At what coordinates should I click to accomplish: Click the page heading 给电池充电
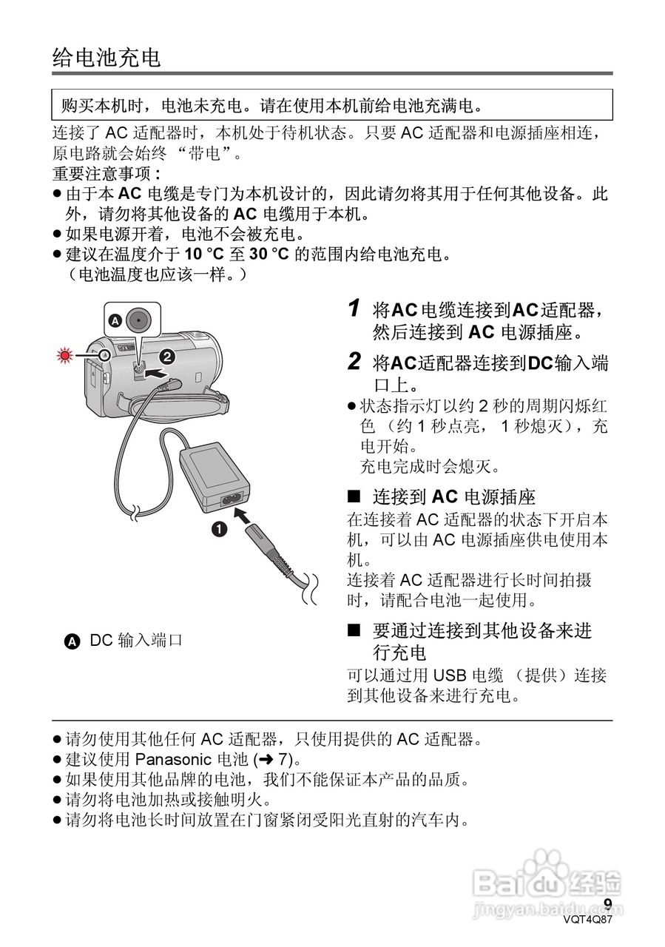(107, 58)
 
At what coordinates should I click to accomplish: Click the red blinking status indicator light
(67, 356)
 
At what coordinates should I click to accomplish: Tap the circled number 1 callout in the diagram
(219, 529)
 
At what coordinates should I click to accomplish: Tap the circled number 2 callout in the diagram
(167, 357)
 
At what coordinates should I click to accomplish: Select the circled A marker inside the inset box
(115, 321)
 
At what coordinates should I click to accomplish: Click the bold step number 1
(354, 308)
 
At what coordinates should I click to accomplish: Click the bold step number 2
(354, 362)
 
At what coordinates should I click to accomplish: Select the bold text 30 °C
(268, 255)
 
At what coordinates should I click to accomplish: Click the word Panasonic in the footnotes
(172, 759)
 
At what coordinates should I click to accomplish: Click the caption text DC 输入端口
(136, 641)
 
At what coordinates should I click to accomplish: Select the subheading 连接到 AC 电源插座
(453, 496)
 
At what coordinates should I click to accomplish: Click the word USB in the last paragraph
(449, 675)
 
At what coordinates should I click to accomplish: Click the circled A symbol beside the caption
(72, 641)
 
